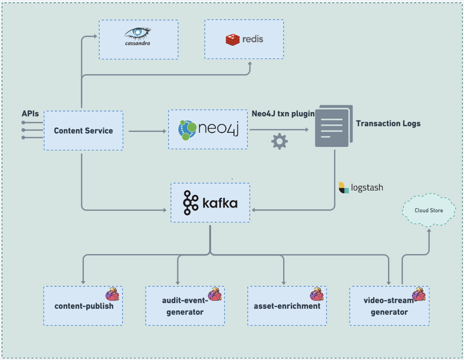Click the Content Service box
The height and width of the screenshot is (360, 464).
coord(83,130)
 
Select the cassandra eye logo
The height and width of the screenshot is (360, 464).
coord(138,33)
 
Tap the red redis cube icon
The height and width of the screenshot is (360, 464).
coord(233,39)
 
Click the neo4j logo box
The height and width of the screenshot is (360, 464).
coord(208,129)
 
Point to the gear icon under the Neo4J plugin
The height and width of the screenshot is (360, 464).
coord(279,141)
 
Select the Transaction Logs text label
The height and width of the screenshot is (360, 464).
coord(388,123)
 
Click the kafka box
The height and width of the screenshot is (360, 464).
coord(210,202)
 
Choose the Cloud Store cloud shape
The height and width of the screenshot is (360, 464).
coord(429,210)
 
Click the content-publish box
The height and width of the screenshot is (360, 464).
coord(83,306)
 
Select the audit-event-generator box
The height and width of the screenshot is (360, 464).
coord(185,306)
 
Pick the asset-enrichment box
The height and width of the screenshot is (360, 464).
coord(287,306)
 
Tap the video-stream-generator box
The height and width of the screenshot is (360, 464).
coord(389,306)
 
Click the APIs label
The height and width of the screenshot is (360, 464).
coord(30,114)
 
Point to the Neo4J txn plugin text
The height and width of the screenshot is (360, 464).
coord(283,113)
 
